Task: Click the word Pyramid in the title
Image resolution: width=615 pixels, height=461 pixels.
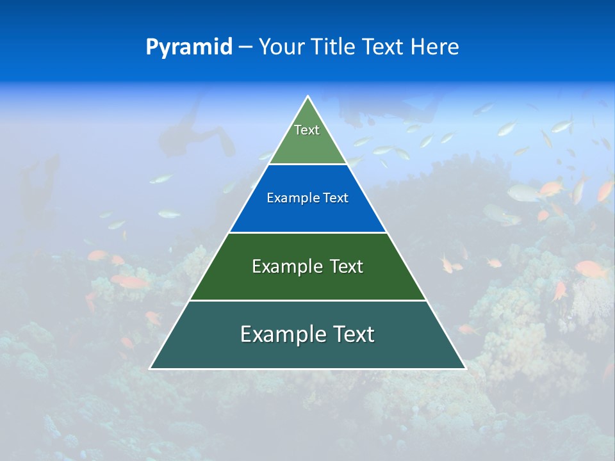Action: [x=189, y=47]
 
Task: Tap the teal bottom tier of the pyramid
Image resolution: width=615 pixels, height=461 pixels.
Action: [x=307, y=352]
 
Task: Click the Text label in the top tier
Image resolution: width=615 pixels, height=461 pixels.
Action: [x=307, y=130]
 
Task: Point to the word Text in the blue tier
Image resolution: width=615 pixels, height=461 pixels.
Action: [x=336, y=198]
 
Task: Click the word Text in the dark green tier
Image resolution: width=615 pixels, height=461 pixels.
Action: [x=347, y=266]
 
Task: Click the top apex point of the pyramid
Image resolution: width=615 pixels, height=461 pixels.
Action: [x=308, y=97]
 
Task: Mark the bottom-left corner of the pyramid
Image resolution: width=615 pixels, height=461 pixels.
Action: [x=151, y=368]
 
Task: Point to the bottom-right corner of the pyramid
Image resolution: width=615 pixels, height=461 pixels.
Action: [x=465, y=368]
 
